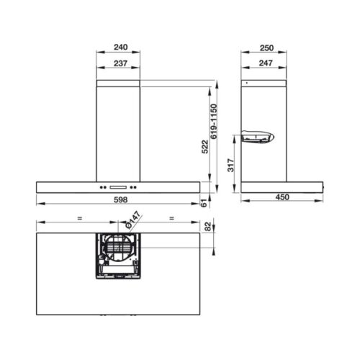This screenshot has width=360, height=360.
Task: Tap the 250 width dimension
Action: [266, 48]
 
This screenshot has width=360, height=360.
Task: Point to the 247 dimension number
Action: [266, 63]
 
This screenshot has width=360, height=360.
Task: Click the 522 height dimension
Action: [205, 147]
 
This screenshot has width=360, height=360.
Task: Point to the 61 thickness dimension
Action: [205, 205]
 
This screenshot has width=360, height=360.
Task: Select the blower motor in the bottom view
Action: [118, 253]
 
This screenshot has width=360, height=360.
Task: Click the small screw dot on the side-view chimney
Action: [246, 84]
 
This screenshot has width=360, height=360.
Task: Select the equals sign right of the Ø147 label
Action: [171, 217]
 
